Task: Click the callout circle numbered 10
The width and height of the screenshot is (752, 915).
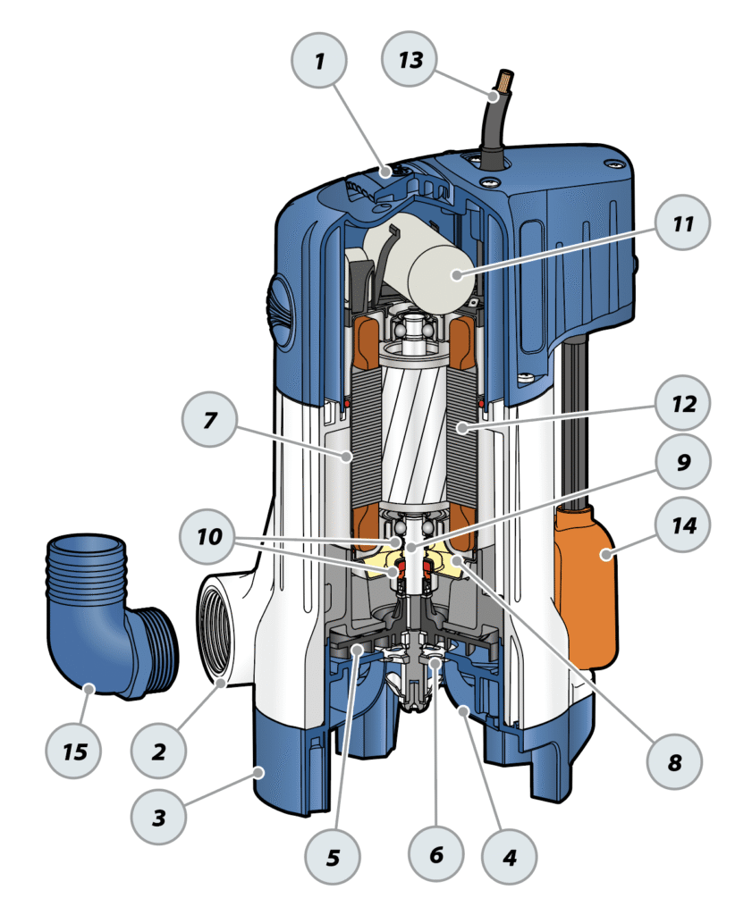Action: pos(209,538)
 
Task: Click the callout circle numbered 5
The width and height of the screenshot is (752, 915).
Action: pos(333,856)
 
